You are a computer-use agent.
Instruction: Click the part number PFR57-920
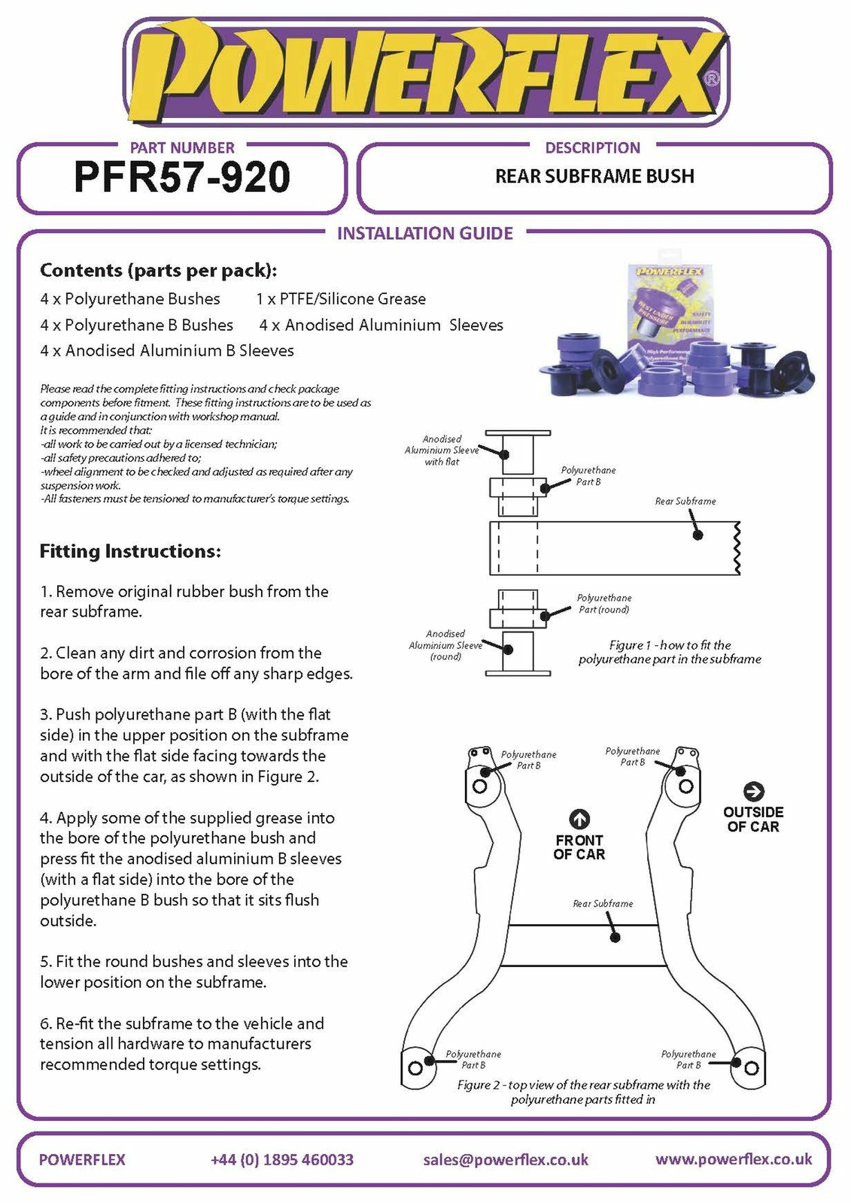(x=181, y=177)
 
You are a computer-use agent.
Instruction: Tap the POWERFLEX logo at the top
(x=425, y=71)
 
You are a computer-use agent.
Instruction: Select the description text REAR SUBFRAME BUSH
(x=594, y=177)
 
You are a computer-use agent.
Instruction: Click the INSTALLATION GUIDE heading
(x=425, y=233)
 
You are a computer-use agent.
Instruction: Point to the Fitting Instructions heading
(x=130, y=551)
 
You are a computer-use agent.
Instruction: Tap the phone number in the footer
(x=282, y=1159)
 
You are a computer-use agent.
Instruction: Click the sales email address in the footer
(x=506, y=1159)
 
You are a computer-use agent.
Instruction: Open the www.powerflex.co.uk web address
(x=734, y=1159)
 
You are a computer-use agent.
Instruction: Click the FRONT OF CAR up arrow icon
(x=579, y=819)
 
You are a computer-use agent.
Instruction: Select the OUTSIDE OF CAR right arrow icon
(x=753, y=792)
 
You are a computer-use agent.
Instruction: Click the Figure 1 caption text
(x=670, y=652)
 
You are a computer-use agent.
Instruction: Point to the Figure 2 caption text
(x=583, y=1092)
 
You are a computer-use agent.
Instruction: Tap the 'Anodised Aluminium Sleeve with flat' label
(x=442, y=450)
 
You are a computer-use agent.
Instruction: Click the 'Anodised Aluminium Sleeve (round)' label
(x=445, y=645)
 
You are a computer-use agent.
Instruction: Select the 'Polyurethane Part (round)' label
(x=604, y=604)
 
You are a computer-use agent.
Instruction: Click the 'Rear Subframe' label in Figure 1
(x=685, y=501)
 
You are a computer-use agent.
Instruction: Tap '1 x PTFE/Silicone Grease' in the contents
(x=341, y=299)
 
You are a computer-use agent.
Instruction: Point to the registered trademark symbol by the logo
(x=712, y=77)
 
